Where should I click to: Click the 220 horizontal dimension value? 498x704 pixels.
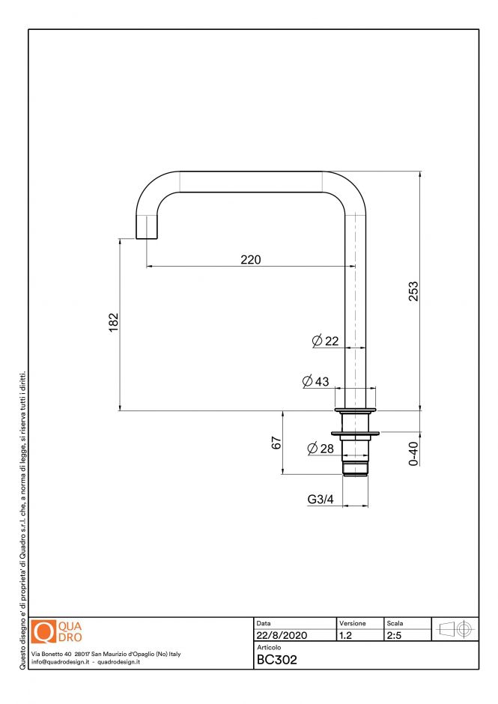[250, 259]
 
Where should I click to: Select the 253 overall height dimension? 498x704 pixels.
[413, 291]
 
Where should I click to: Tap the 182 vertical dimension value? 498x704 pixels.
[114, 324]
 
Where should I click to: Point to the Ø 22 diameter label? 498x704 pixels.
[326, 342]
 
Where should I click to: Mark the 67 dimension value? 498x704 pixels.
[276, 442]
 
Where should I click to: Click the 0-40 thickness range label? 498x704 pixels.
[413, 452]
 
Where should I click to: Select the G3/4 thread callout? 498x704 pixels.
[321, 499]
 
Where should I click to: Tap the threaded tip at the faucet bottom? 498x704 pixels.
[355, 468]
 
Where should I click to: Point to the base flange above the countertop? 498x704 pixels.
[355, 410]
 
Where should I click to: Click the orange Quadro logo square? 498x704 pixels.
[44, 632]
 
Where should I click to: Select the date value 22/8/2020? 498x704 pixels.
[281, 635]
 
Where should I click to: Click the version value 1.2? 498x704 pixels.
[345, 635]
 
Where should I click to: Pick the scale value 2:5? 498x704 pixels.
[394, 635]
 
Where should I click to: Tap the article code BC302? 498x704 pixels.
[277, 660]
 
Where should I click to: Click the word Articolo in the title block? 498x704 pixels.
[269, 647]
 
